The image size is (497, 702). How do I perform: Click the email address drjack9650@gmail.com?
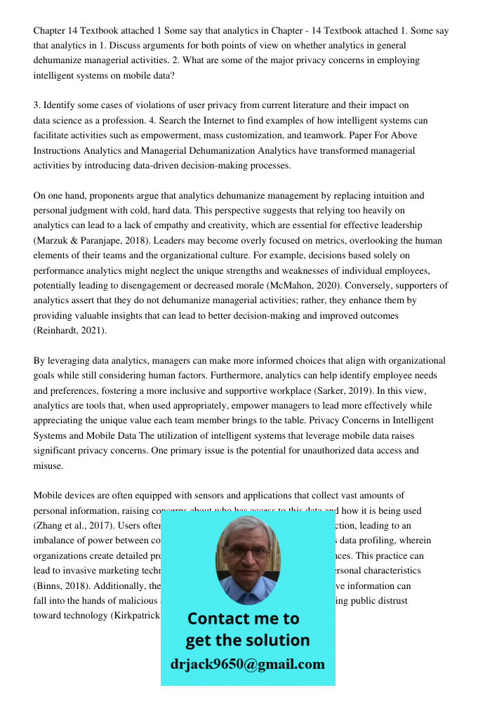(x=247, y=664)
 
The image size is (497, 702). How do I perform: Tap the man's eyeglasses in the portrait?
(x=247, y=552)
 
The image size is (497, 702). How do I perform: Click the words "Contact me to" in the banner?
(x=243, y=618)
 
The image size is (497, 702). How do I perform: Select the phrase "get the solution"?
(x=247, y=640)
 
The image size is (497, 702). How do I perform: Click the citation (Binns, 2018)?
(x=60, y=585)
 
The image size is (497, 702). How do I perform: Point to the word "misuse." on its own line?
(x=48, y=465)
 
